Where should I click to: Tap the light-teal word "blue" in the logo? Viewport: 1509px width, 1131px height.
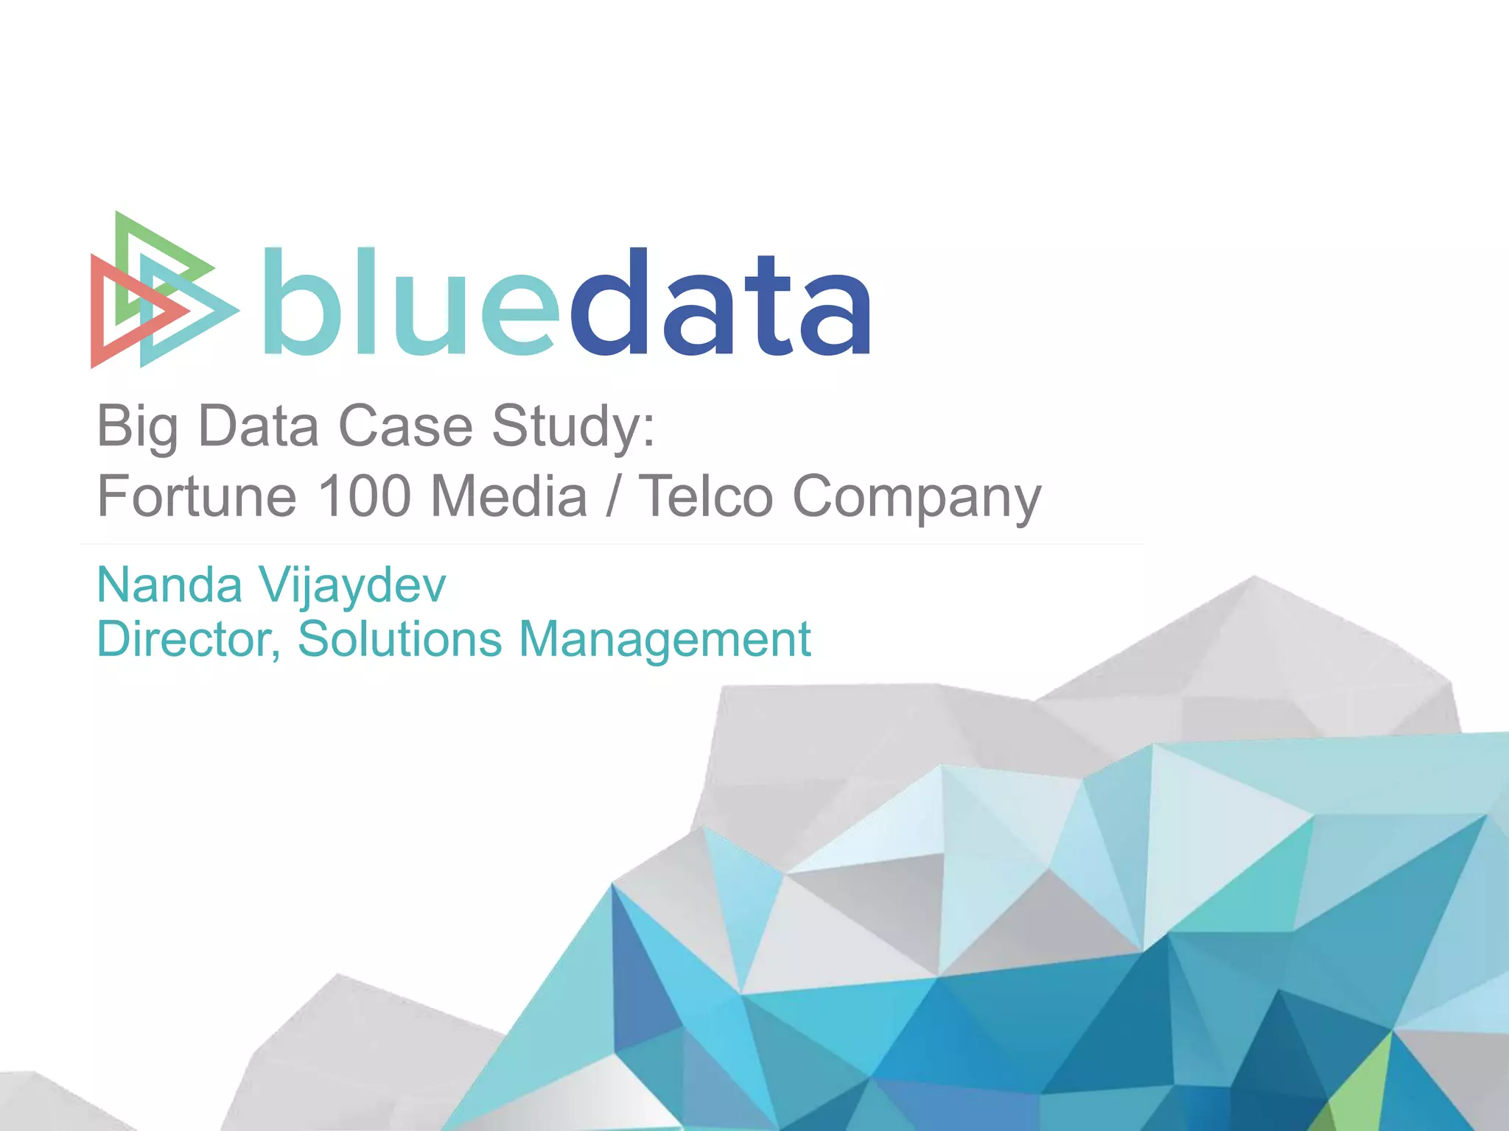click(x=409, y=303)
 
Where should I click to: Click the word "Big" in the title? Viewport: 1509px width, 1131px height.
click(x=137, y=427)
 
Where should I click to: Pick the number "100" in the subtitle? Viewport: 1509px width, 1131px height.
click(x=364, y=496)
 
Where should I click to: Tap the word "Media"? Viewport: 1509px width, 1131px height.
click(x=509, y=496)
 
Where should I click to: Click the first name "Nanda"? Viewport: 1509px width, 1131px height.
click(x=169, y=585)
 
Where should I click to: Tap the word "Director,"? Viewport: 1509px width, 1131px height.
click(x=189, y=639)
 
